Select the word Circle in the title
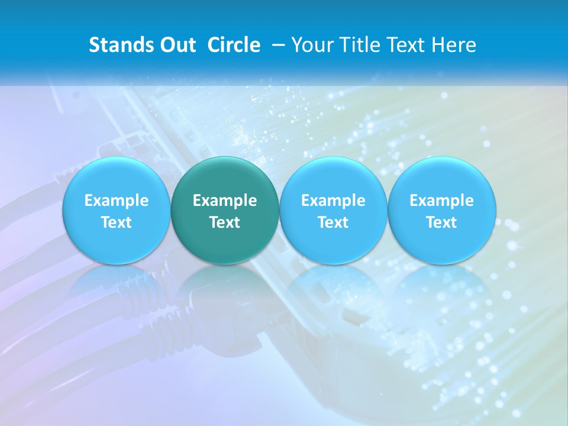tap(234, 45)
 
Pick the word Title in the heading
tap(356, 45)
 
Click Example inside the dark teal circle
tap(225, 201)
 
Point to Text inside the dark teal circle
tap(225, 222)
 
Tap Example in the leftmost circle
tap(116, 201)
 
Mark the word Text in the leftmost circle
tap(116, 222)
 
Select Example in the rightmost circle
tap(442, 201)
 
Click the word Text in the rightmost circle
tap(442, 222)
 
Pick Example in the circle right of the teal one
tap(333, 201)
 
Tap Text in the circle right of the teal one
tap(333, 222)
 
